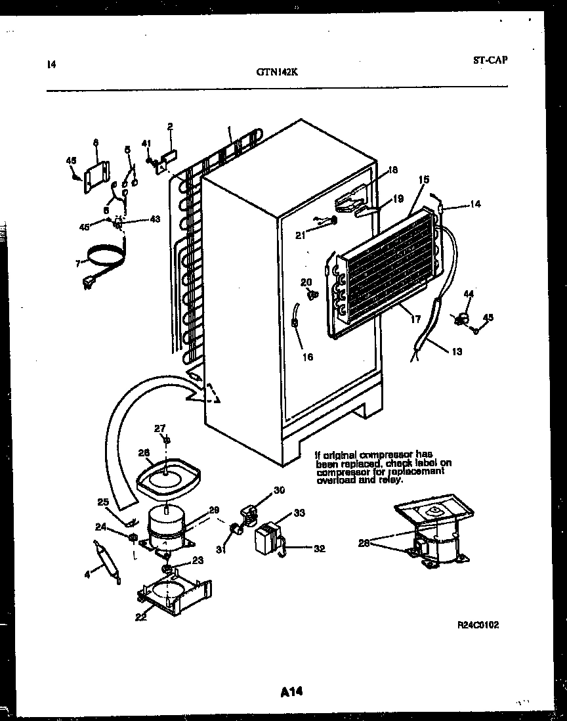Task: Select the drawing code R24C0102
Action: (x=478, y=625)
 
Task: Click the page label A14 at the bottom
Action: (x=290, y=691)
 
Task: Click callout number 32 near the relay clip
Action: (x=319, y=549)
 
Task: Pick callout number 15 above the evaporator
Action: (x=423, y=179)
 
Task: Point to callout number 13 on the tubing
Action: (x=456, y=352)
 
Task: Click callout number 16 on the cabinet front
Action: (x=307, y=357)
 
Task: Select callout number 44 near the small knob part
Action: (x=468, y=294)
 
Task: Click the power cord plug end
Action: (x=87, y=284)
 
